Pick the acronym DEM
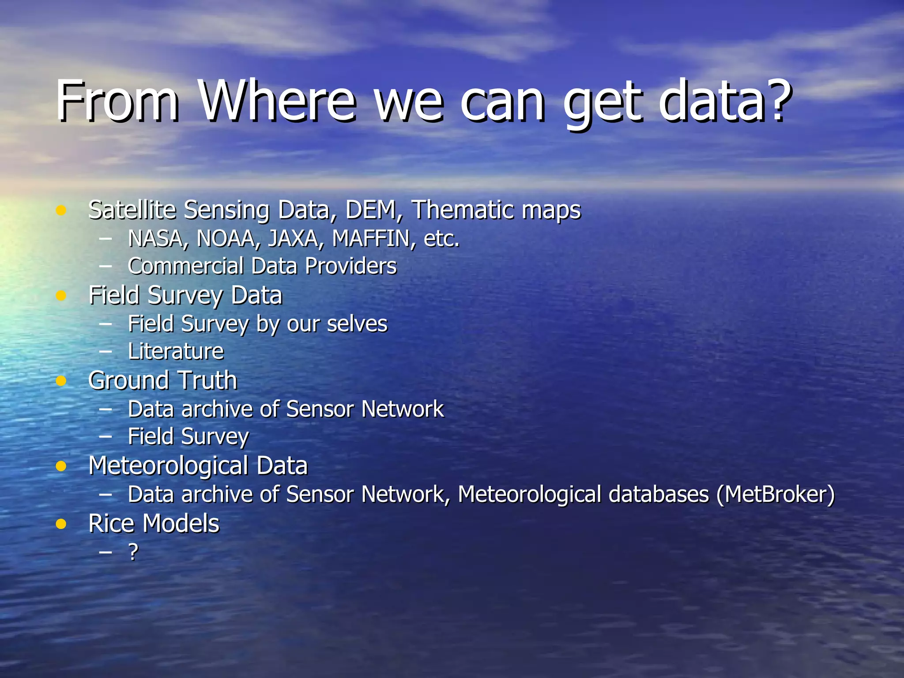point(370,210)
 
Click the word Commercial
point(185,266)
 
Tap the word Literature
point(176,352)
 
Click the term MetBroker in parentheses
point(776,494)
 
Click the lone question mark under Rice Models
point(133,552)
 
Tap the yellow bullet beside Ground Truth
point(61,380)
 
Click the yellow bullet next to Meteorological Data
point(61,466)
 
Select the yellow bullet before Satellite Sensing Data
point(61,211)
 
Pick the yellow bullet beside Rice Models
point(61,524)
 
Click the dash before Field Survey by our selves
point(105,324)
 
